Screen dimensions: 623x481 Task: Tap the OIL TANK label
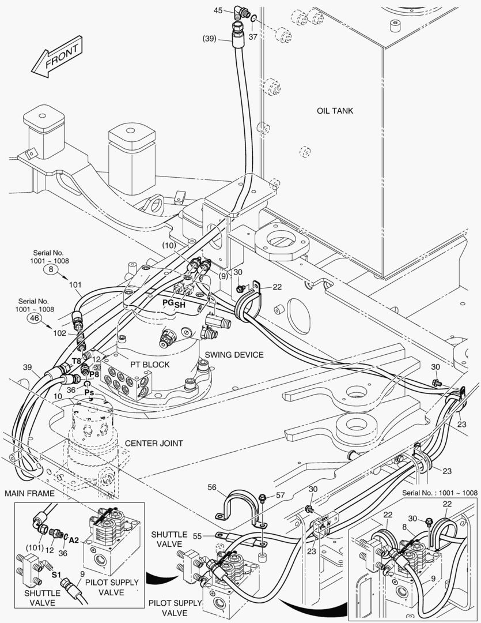[335, 110]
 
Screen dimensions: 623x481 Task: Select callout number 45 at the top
[218, 10]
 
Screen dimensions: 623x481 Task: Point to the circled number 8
[50, 269]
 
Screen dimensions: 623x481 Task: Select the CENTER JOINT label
[154, 443]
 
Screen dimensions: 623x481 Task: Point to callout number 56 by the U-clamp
[213, 487]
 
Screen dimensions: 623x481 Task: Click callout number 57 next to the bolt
[280, 495]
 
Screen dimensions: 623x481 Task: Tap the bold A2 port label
[73, 541]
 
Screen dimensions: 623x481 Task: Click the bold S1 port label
[56, 575]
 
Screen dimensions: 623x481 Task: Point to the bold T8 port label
[76, 361]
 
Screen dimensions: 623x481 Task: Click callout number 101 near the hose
[75, 284]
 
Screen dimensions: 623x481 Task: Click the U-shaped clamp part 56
[237, 503]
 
